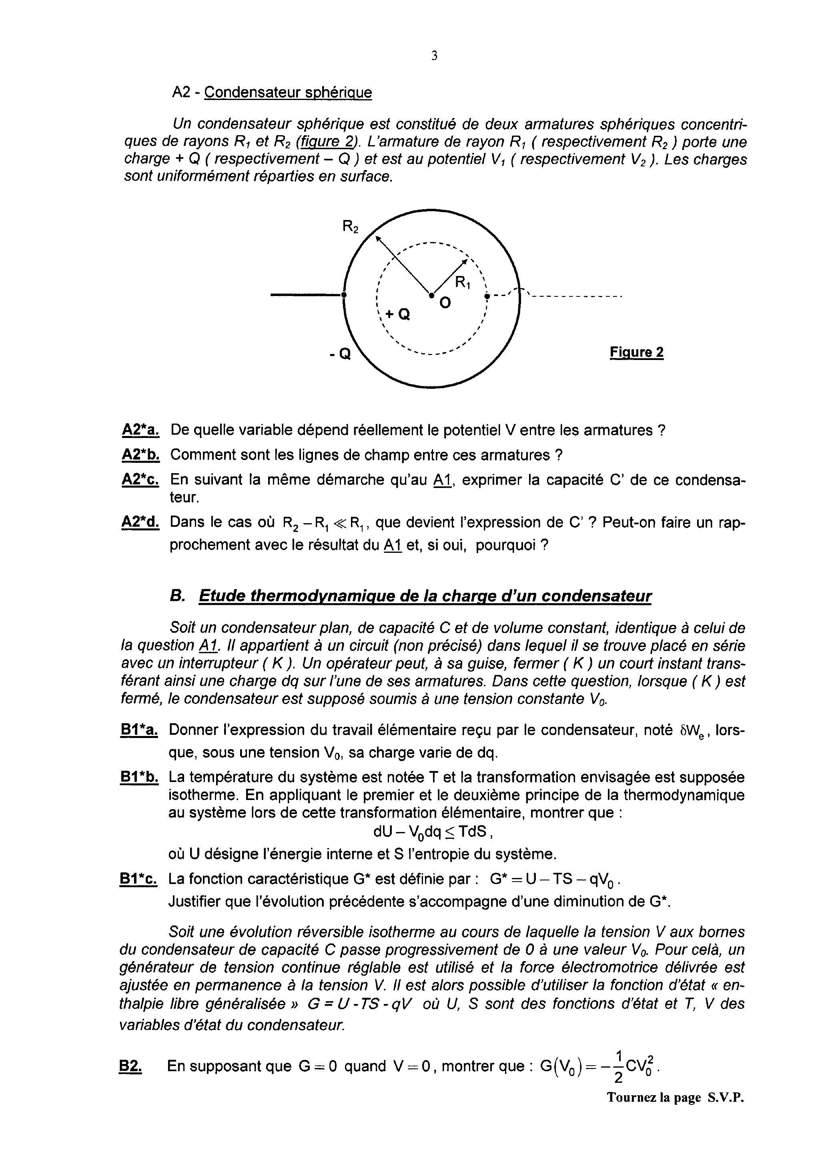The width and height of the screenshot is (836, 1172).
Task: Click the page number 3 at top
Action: pos(434,56)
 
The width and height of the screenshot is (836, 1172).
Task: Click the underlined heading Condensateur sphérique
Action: pos(288,93)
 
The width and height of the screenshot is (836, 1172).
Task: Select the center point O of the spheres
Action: pos(431,295)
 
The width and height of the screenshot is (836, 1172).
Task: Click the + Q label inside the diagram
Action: pos(397,314)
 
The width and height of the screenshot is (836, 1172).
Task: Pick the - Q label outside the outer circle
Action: pos(340,354)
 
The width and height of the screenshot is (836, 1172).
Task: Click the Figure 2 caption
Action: pos(636,352)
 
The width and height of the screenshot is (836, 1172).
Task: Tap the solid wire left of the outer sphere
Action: pos(306,295)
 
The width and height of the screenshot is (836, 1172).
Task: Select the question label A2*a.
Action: pos(140,430)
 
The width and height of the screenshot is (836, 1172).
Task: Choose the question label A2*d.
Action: pos(140,522)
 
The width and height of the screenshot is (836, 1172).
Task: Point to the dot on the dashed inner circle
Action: pos(487,296)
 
